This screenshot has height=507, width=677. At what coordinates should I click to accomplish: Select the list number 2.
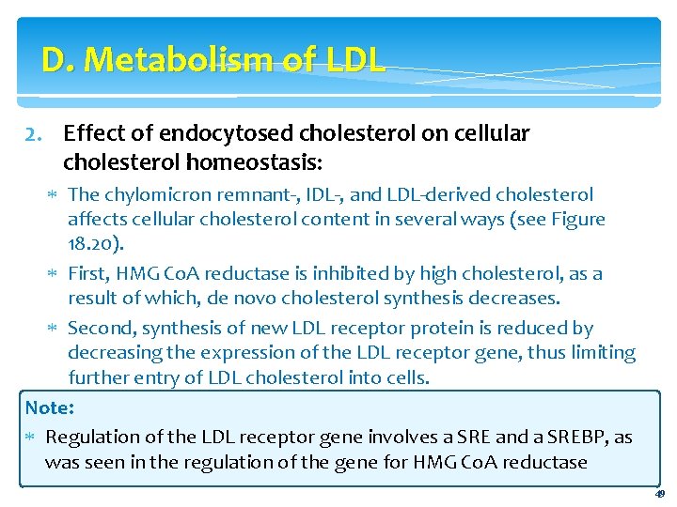click(32, 134)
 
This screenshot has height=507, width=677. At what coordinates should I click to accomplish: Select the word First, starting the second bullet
click(92, 274)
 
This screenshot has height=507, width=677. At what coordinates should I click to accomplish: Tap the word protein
click(469, 329)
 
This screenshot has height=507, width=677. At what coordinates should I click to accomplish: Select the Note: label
click(50, 407)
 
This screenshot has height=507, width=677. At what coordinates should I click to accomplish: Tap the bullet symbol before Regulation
click(31, 438)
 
